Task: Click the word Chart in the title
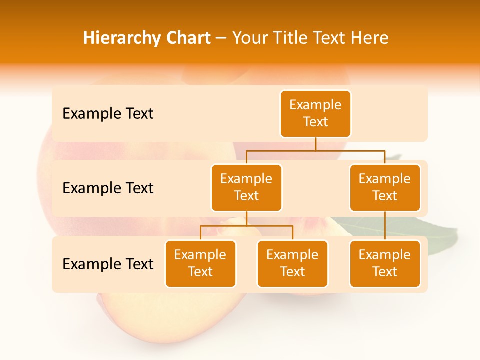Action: [190, 38]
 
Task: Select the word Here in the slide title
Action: [370, 38]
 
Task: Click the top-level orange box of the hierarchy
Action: [315, 113]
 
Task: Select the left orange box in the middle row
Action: [246, 187]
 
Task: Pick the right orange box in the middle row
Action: [385, 187]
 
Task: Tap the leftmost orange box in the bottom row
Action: [200, 263]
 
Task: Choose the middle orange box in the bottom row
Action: [292, 263]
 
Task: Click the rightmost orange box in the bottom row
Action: [385, 263]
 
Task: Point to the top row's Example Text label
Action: [108, 114]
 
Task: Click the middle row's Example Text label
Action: [108, 188]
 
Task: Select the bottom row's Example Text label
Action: [108, 264]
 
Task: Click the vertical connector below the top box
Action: [315, 144]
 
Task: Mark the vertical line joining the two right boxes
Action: [385, 226]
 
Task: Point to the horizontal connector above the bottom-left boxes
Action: [246, 226]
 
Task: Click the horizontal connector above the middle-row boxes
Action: [315, 150]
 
